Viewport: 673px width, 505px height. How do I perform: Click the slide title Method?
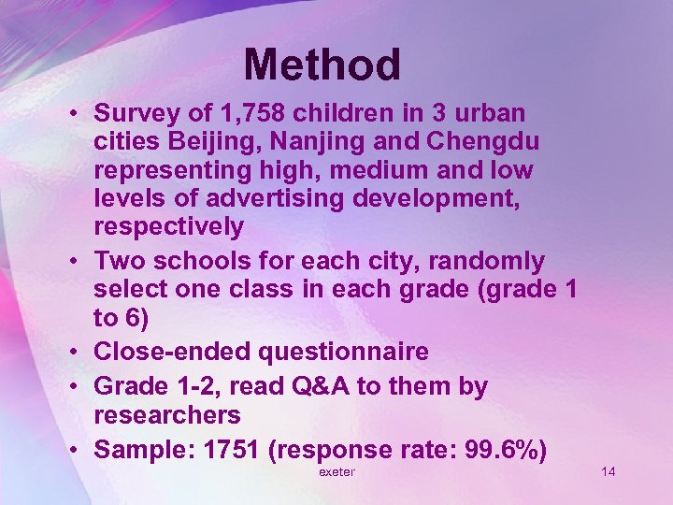pos(322,65)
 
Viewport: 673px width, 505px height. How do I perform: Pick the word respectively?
pos(169,227)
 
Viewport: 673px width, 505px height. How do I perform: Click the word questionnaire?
pos(339,352)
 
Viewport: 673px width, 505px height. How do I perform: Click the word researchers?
pos(167,413)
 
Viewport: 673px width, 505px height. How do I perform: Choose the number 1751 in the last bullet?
pos(231,449)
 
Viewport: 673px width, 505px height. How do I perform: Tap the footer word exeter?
pos(336,472)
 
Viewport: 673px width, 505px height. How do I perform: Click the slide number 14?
pos(609,471)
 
